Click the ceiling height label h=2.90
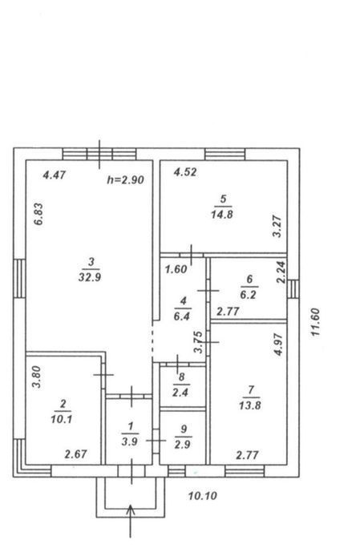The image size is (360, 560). point(126,179)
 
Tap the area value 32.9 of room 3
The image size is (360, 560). point(90,276)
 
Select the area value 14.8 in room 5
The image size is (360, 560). point(222,214)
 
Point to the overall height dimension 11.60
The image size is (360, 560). point(316,322)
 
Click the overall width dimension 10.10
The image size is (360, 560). point(203,496)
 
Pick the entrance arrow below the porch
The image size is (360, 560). point(131,521)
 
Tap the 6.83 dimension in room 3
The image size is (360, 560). point(38,214)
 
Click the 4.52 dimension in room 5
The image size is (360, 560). point(185,172)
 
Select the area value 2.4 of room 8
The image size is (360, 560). point(180,393)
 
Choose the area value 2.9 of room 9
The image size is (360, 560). point(182,445)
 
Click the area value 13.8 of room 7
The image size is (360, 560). point(249,405)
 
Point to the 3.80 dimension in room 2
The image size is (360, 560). point(37,377)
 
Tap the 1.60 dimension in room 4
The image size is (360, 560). point(176,269)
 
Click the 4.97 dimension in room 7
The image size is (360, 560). point(278,344)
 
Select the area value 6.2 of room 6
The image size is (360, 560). point(249,295)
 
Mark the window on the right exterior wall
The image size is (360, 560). point(293,289)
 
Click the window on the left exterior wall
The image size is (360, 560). point(20,278)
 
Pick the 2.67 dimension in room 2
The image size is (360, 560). point(76,454)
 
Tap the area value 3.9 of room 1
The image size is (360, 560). point(129,441)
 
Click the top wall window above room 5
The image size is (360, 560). point(225,155)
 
